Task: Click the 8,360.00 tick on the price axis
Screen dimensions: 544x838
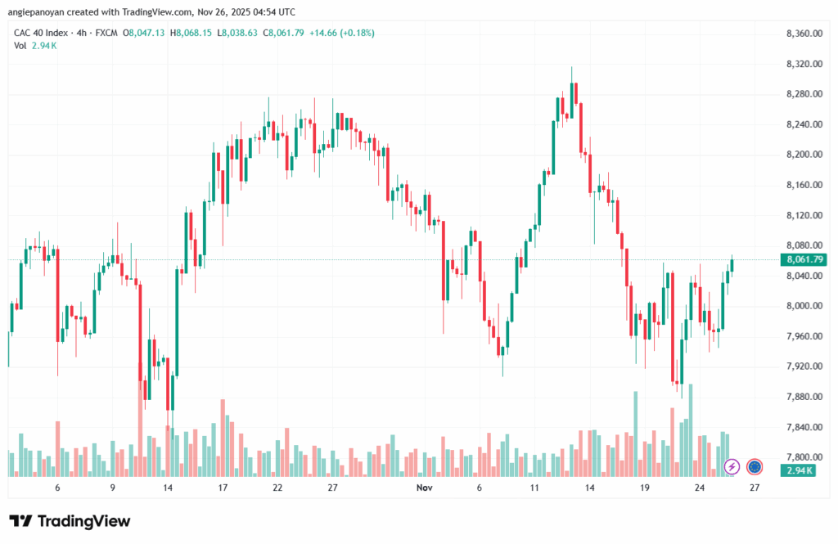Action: (803, 34)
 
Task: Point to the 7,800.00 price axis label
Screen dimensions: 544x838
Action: (803, 457)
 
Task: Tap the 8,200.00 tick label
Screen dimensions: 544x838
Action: (803, 155)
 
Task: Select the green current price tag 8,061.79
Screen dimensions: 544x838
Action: (803, 260)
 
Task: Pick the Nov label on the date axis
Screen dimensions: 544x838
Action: (424, 488)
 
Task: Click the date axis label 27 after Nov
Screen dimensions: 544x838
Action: (755, 488)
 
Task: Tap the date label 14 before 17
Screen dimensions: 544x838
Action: (168, 488)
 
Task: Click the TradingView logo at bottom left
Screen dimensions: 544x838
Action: (70, 521)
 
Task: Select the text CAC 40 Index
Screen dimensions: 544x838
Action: (42, 33)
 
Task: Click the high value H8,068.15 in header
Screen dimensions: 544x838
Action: (191, 33)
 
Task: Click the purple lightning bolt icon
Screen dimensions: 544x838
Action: (732, 466)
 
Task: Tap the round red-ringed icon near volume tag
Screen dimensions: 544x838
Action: (755, 466)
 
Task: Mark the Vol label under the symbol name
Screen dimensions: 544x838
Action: (20, 46)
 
